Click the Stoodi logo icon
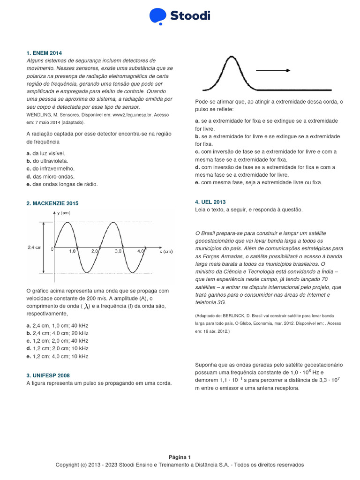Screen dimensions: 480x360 tap(158, 16)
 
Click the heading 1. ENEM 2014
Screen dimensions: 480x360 tap(44, 53)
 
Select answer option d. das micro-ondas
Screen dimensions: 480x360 tap(51, 177)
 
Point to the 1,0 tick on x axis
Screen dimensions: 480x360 tap(73, 252)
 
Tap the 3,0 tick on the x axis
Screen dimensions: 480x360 tap(118, 252)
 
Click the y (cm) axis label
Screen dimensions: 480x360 tap(64, 213)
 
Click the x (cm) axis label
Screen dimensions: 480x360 tap(166, 252)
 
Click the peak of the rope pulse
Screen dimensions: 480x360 tap(230, 57)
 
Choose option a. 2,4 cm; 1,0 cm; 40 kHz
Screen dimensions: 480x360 tap(57, 325)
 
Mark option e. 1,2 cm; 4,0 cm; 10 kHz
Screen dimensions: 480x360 tap(57, 356)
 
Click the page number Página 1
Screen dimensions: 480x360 tap(180, 457)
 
